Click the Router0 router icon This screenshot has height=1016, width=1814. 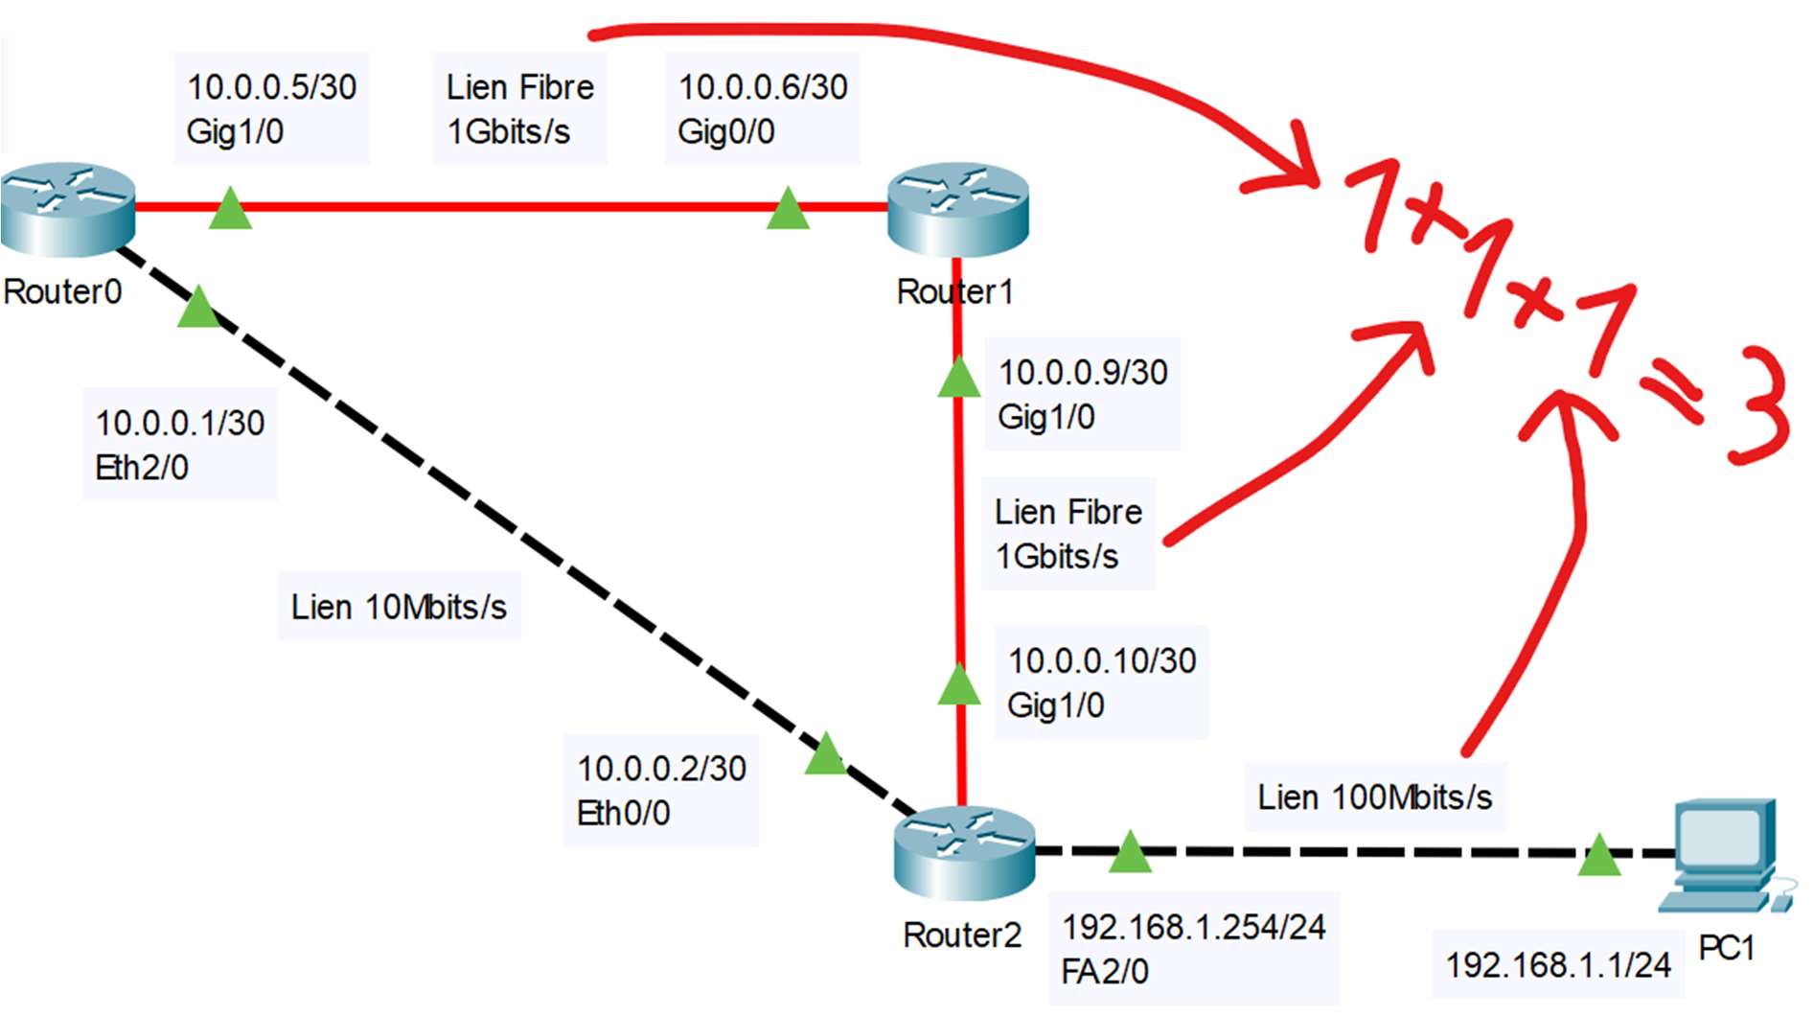(x=67, y=209)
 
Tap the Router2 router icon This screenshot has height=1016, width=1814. (x=963, y=852)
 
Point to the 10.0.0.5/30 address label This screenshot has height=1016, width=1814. (x=271, y=87)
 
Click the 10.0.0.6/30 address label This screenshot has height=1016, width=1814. (x=763, y=87)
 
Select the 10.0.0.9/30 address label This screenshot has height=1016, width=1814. (x=1083, y=372)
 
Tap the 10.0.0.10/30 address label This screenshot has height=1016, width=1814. (x=1102, y=660)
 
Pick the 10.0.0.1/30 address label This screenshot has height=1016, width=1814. (x=179, y=423)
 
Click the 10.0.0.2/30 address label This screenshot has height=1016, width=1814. (x=661, y=768)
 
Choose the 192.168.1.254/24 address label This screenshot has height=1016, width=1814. (x=1193, y=927)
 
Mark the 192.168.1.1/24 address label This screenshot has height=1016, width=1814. (x=1558, y=964)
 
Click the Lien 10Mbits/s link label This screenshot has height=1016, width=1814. (x=399, y=607)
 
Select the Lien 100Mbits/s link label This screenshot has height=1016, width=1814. (x=1375, y=797)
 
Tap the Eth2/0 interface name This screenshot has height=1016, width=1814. (x=142, y=468)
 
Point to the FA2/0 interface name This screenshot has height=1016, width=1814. (x=1104, y=972)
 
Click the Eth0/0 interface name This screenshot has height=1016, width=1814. (x=623, y=813)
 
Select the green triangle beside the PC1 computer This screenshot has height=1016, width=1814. (x=1598, y=855)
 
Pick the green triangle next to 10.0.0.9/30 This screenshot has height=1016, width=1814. (x=958, y=378)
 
